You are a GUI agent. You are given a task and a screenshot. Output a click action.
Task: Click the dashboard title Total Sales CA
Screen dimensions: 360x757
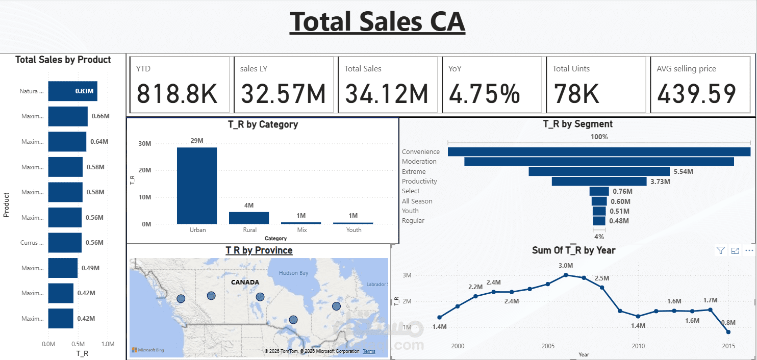pyautogui.click(x=377, y=22)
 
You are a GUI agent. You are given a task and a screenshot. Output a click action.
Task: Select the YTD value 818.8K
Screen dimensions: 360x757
pyautogui.click(x=177, y=94)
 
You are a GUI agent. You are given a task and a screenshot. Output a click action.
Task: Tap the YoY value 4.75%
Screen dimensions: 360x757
pyautogui.click(x=484, y=94)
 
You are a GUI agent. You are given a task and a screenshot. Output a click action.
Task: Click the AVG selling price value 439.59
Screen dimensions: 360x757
pyautogui.click(x=696, y=94)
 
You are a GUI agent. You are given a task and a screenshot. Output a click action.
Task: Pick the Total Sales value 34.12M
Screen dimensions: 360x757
pyautogui.click(x=386, y=94)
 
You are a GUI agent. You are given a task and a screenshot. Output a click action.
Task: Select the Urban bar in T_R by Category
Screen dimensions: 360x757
pyautogui.click(x=197, y=186)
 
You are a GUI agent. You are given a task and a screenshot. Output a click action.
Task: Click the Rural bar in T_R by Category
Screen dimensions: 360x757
pyautogui.click(x=249, y=218)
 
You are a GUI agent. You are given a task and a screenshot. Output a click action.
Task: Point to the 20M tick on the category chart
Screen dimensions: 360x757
pyautogui.click(x=145, y=170)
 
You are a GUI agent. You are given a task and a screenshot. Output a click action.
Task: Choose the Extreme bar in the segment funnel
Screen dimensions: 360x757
pyautogui.click(x=599, y=171)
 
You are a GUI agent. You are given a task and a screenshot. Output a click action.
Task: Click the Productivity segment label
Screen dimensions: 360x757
pyautogui.click(x=419, y=181)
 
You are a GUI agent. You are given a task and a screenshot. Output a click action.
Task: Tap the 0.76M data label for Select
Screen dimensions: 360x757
pyautogui.click(x=622, y=191)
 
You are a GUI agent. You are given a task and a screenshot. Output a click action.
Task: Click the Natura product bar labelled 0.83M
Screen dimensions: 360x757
pyautogui.click(x=72, y=91)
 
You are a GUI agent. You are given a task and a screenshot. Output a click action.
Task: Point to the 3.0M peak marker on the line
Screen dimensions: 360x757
pyautogui.click(x=566, y=275)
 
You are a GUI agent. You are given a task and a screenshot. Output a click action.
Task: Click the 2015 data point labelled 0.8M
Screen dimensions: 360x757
pyautogui.click(x=728, y=332)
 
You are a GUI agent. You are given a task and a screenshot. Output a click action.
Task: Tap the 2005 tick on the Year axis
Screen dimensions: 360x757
pyautogui.click(x=547, y=346)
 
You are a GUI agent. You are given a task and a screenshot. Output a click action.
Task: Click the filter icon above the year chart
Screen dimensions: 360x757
pyautogui.click(x=720, y=250)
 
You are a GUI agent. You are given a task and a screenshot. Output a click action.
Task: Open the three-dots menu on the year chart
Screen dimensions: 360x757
pyautogui.click(x=749, y=250)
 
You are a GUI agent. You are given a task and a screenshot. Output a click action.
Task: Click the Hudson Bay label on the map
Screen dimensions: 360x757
pyautogui.click(x=293, y=273)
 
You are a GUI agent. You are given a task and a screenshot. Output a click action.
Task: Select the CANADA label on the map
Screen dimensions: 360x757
pyautogui.click(x=245, y=282)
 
